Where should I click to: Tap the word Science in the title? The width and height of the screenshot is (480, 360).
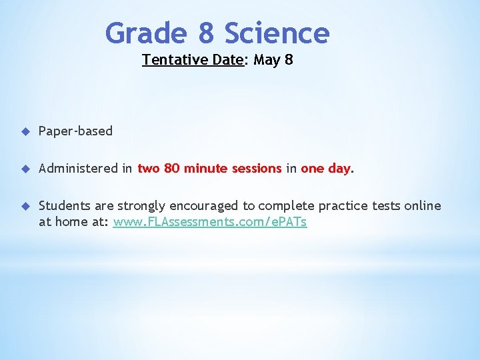[277, 33]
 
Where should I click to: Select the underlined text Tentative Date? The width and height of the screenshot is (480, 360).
[192, 60]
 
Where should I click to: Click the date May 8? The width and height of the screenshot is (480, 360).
[273, 60]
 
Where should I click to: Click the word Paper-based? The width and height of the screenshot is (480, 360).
[75, 131]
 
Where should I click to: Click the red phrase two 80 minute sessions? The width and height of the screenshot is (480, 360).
[209, 169]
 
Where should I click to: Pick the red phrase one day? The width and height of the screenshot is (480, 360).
[325, 169]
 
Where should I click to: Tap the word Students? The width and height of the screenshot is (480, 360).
[65, 206]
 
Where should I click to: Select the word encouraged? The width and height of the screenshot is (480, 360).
[207, 206]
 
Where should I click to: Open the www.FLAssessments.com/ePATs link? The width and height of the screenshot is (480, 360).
[210, 222]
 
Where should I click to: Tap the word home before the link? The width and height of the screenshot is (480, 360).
[70, 222]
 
